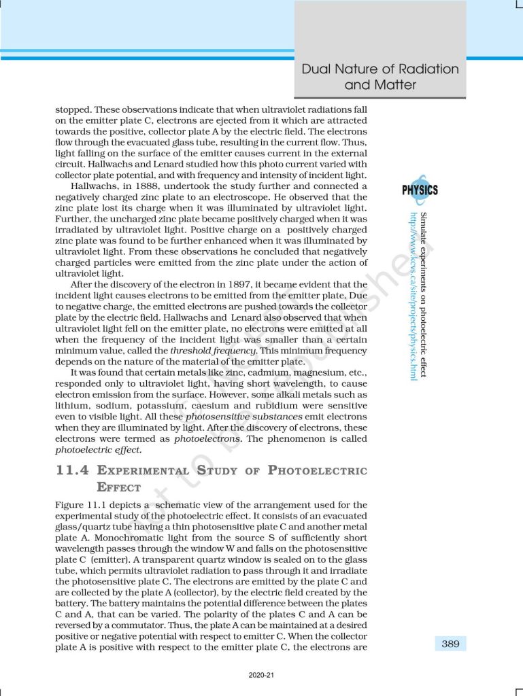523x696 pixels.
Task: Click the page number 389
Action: click(x=450, y=643)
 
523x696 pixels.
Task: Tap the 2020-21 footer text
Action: click(x=261, y=675)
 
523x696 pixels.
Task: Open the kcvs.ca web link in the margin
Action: click(x=413, y=296)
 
